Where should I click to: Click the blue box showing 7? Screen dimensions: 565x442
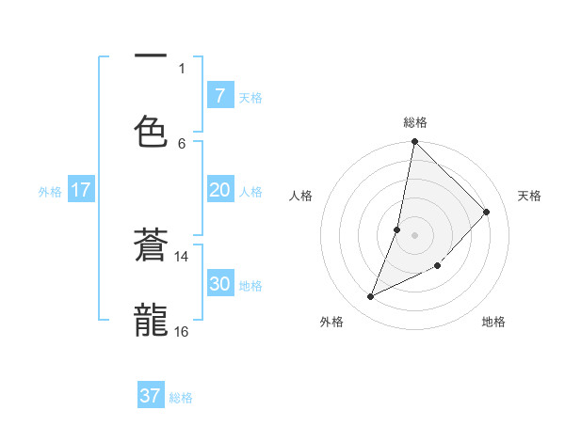(219, 96)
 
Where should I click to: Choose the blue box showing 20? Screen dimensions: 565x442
(219, 190)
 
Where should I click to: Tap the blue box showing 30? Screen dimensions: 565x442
(219, 284)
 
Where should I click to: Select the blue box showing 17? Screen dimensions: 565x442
(81, 190)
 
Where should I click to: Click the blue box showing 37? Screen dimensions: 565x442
(151, 396)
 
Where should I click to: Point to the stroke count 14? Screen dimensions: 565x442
(182, 256)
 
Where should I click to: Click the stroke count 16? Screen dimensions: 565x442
(182, 331)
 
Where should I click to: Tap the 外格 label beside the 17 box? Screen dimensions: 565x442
(50, 191)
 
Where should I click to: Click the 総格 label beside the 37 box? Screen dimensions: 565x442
(181, 398)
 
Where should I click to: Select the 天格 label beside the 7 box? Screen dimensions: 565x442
(250, 97)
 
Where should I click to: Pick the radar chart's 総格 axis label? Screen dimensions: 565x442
(415, 122)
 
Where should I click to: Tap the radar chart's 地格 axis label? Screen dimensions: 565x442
(493, 322)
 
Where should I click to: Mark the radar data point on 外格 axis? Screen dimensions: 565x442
(371, 297)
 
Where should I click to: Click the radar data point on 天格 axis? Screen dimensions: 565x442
(487, 212)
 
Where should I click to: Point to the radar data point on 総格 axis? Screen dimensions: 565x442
(414, 142)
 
